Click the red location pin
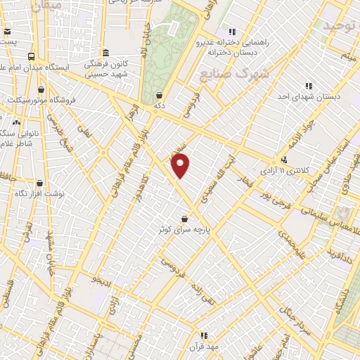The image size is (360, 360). (181, 166)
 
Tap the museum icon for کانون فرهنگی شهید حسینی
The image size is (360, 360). (105, 53)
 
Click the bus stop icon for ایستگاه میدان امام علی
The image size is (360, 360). (30, 56)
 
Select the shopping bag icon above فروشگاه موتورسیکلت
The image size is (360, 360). (41, 89)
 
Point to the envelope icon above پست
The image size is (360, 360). (7, 32)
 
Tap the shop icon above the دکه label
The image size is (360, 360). (160, 94)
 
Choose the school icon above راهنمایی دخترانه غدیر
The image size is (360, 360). (231, 32)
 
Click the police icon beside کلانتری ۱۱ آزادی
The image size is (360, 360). (284, 160)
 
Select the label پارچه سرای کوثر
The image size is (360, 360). (184, 230)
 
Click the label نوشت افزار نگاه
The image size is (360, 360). (40, 193)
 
